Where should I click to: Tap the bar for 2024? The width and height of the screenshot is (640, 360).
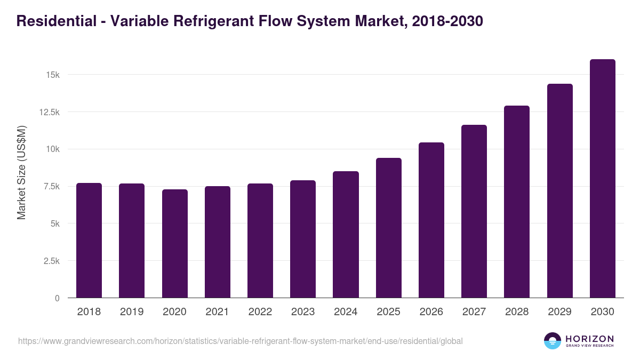[346, 234]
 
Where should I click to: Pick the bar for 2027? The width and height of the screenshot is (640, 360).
[474, 211]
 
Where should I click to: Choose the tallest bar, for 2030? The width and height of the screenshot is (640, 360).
[603, 178]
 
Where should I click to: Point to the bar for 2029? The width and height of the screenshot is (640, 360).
[560, 190]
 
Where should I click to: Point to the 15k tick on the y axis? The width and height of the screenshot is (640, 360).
[52, 75]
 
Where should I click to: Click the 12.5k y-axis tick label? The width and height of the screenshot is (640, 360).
[48, 112]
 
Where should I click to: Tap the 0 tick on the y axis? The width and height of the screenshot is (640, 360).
[57, 298]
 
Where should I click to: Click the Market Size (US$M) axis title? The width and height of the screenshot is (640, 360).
[21, 172]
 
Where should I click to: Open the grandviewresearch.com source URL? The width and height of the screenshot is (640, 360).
[240, 341]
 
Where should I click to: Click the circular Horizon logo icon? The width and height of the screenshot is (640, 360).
[552, 341]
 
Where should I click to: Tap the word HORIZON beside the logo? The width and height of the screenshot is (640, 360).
[589, 338]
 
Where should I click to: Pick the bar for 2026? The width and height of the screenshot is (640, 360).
[431, 220]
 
